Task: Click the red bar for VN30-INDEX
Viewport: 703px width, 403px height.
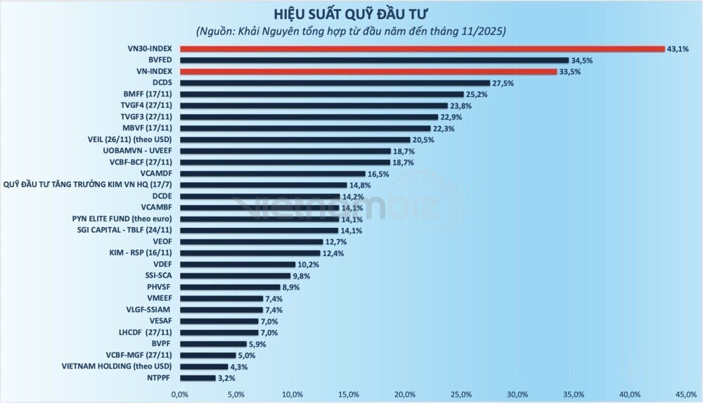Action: click(x=422, y=49)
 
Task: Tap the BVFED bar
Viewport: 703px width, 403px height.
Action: click(x=374, y=60)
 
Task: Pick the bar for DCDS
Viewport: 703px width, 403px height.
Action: click(x=335, y=83)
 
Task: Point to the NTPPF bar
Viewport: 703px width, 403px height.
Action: click(x=198, y=378)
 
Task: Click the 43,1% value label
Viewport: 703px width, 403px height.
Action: click(x=678, y=49)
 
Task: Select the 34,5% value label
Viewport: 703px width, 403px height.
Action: click(x=582, y=60)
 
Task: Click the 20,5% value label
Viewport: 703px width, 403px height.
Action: click(x=424, y=139)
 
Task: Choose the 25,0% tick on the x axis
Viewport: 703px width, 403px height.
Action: click(x=462, y=393)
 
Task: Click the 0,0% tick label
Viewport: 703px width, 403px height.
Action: click(x=181, y=393)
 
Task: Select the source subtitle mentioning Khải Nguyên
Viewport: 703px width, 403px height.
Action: click(x=351, y=31)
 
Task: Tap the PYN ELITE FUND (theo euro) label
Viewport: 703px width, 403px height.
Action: click(x=123, y=219)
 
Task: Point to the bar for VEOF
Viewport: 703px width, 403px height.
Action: click(x=252, y=241)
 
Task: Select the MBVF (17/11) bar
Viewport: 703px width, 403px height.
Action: click(x=305, y=128)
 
